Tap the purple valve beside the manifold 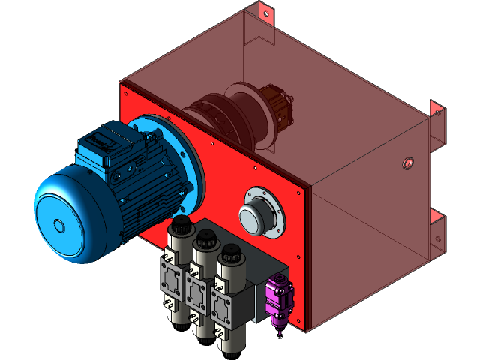(x=279, y=300)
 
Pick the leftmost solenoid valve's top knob (x=179, y=225)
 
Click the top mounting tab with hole (x=263, y=11)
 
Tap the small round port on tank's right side (x=408, y=161)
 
